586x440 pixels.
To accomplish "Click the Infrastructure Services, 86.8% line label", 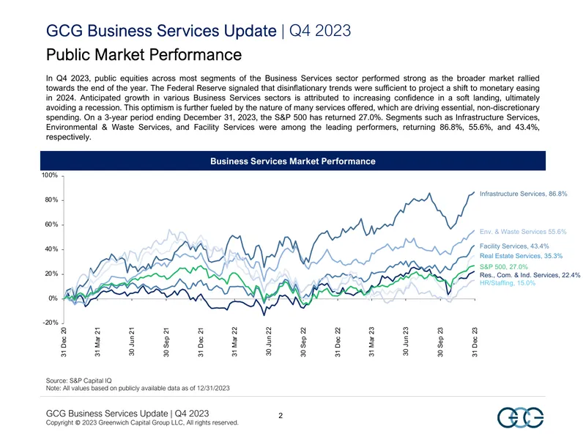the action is pos(523,194).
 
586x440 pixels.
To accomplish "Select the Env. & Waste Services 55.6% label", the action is pos(523,232).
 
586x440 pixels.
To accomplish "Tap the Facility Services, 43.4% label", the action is pos(514,246).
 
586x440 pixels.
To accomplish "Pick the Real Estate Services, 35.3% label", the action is pos(521,256).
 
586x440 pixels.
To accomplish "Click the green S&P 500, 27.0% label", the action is pos(504,267).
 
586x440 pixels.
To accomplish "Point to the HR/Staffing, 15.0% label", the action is pos(508,283).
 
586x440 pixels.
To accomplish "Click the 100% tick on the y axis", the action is pos(50,175).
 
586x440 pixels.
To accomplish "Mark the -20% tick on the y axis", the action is pos(51,323).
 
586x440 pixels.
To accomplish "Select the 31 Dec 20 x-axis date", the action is pos(64,342).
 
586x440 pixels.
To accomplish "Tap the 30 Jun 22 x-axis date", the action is pos(269,342).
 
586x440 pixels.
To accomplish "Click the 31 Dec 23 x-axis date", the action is pos(475,342).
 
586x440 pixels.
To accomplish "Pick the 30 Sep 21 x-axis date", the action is pos(166,342).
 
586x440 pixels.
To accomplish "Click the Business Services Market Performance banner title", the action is pos(292,161).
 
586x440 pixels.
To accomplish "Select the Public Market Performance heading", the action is pos(144,54).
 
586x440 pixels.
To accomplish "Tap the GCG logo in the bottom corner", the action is pos(520,417).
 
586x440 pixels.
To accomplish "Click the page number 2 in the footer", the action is pos(281,416).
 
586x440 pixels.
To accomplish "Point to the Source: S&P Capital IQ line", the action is pos(79,381).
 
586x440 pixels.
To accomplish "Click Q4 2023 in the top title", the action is pos(320,31).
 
